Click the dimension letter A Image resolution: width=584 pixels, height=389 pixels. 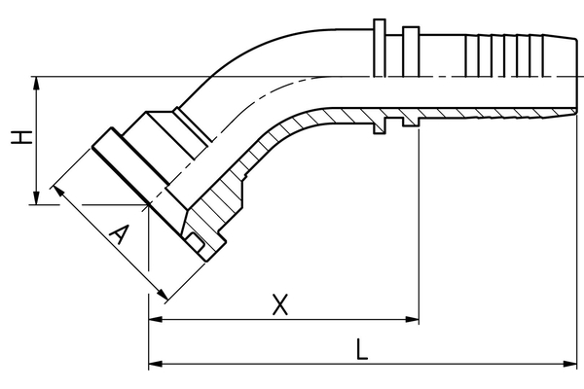click(119, 236)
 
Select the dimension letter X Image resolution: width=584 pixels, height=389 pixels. click(279, 305)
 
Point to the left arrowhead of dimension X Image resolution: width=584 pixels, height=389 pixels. click(154, 320)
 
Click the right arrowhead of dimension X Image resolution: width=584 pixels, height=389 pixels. click(413, 320)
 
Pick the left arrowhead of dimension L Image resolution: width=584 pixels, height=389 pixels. click(154, 366)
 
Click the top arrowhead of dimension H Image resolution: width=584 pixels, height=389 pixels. click(37, 82)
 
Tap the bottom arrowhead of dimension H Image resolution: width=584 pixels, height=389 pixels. click(37, 199)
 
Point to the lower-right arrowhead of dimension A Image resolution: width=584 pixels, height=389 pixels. click(164, 295)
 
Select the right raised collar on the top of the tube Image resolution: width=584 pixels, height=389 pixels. click(410, 47)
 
